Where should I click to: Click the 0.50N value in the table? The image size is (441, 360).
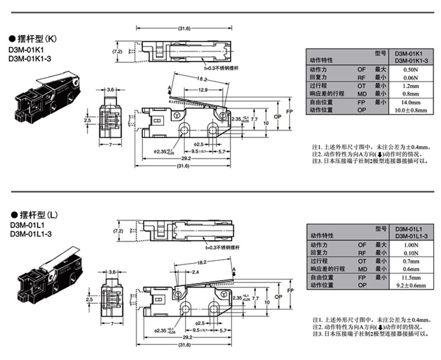pos(411,70)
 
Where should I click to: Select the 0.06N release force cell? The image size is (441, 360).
pos(411,78)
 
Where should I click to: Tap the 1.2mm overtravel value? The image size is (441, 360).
pos(411,87)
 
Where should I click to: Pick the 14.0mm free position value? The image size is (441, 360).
pos(411,103)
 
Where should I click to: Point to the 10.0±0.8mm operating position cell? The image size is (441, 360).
pos(411,111)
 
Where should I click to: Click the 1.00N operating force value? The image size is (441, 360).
pos(411,245)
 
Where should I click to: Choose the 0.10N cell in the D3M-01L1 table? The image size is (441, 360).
pos(411,253)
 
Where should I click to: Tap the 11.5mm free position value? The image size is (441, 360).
pos(411,277)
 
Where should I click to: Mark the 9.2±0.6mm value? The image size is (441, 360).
pos(411,285)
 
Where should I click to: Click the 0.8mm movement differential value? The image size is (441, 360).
pos(411,94)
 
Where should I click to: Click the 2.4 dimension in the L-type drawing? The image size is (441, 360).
pos(195,272)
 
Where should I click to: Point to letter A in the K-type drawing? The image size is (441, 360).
pos(169,88)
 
